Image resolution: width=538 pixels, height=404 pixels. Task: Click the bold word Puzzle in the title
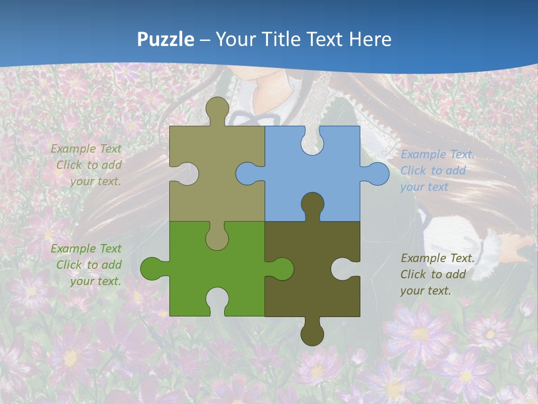[x=166, y=40]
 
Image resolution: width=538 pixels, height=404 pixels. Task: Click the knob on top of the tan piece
[x=217, y=110]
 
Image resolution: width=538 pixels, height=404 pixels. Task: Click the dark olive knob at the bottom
[x=312, y=333]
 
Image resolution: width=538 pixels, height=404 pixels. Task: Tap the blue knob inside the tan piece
[x=248, y=174]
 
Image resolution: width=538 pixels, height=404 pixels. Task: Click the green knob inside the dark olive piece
[x=280, y=268]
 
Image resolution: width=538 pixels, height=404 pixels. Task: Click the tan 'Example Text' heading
[x=86, y=149]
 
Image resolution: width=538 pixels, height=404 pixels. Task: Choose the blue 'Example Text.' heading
[x=438, y=154]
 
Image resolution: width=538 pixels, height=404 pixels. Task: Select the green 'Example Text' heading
[x=86, y=249]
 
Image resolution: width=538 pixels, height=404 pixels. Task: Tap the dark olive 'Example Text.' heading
[x=438, y=258]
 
